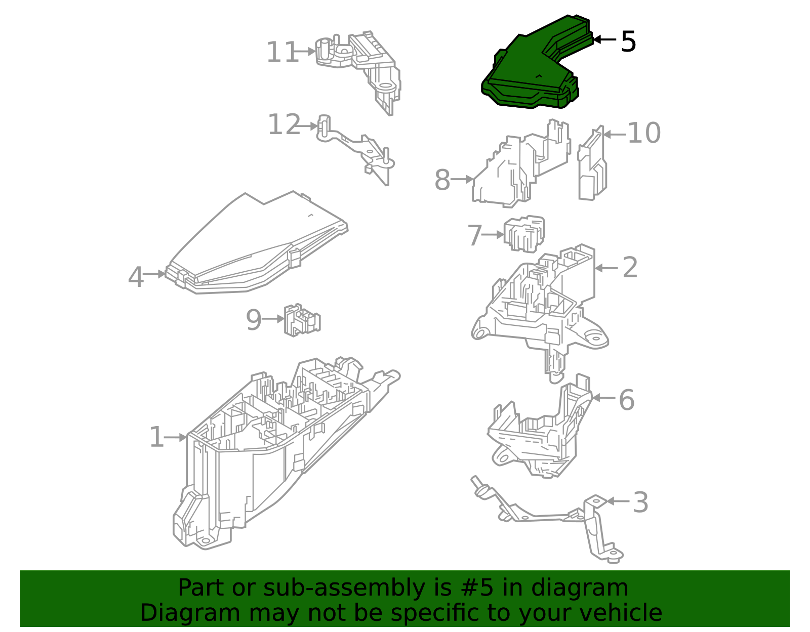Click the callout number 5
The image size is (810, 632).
[x=628, y=41]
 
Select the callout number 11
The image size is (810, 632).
[x=282, y=53]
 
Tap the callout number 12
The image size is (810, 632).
[x=283, y=125]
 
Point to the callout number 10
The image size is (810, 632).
[x=644, y=134]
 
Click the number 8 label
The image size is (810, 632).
[x=442, y=180]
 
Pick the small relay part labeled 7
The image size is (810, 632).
[x=524, y=234]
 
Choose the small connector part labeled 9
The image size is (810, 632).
[x=302, y=320]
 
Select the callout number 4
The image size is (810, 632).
[x=135, y=277]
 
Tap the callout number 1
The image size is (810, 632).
[x=156, y=438]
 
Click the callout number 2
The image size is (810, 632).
[x=630, y=267]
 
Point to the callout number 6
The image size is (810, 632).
[x=626, y=400]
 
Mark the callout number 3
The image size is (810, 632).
[x=640, y=502]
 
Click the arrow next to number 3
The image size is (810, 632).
[x=618, y=501]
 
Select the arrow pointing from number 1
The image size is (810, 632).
[x=176, y=437]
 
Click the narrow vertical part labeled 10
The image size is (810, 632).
[x=592, y=164]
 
